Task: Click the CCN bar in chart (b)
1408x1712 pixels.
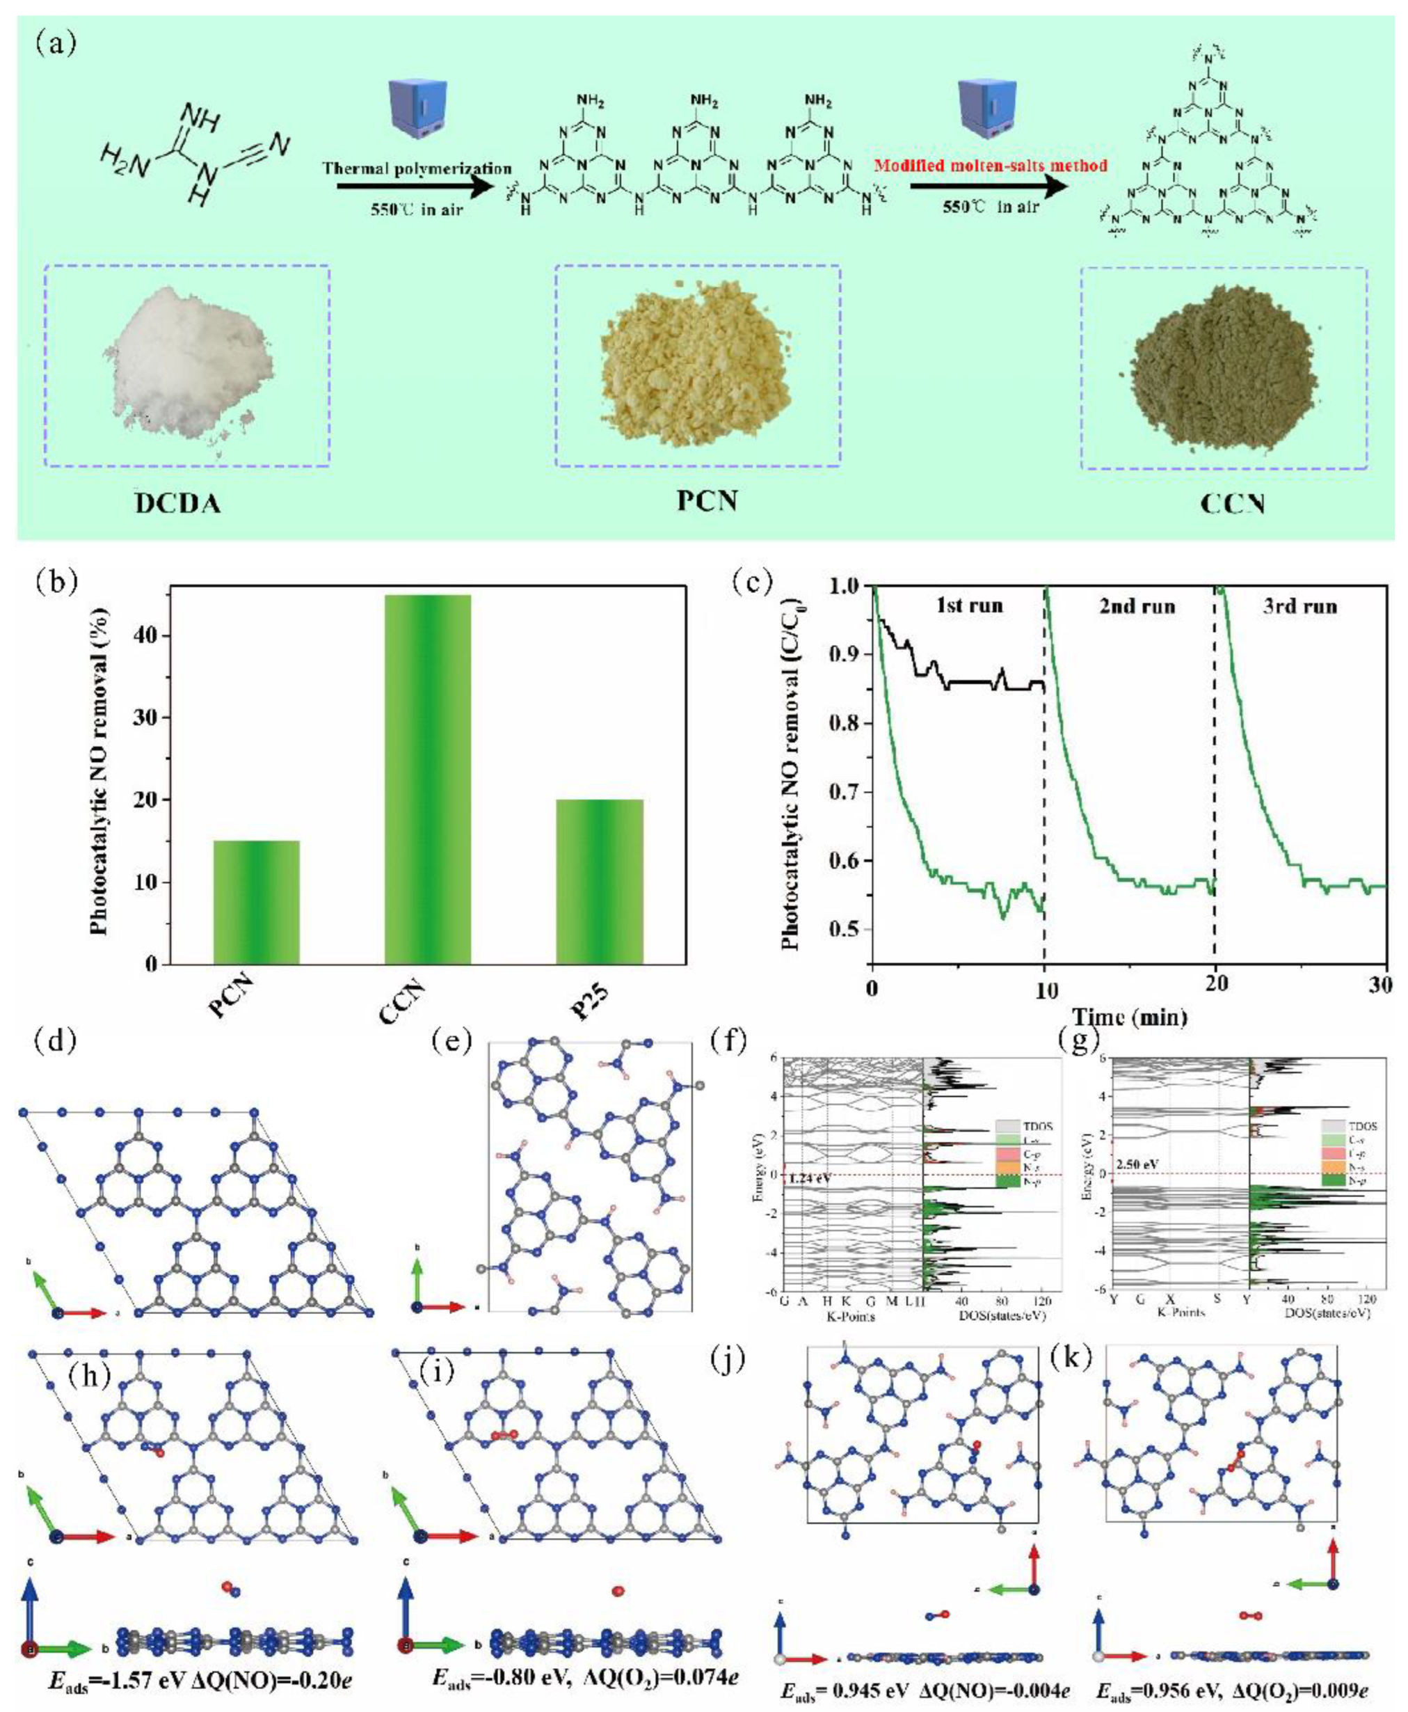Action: pos(427,779)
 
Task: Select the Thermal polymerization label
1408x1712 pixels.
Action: pos(417,169)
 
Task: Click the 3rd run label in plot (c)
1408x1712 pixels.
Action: pos(1299,606)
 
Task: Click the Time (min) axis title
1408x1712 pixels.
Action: pos(1130,1017)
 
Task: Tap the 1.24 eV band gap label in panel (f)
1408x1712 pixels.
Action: pos(808,1178)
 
